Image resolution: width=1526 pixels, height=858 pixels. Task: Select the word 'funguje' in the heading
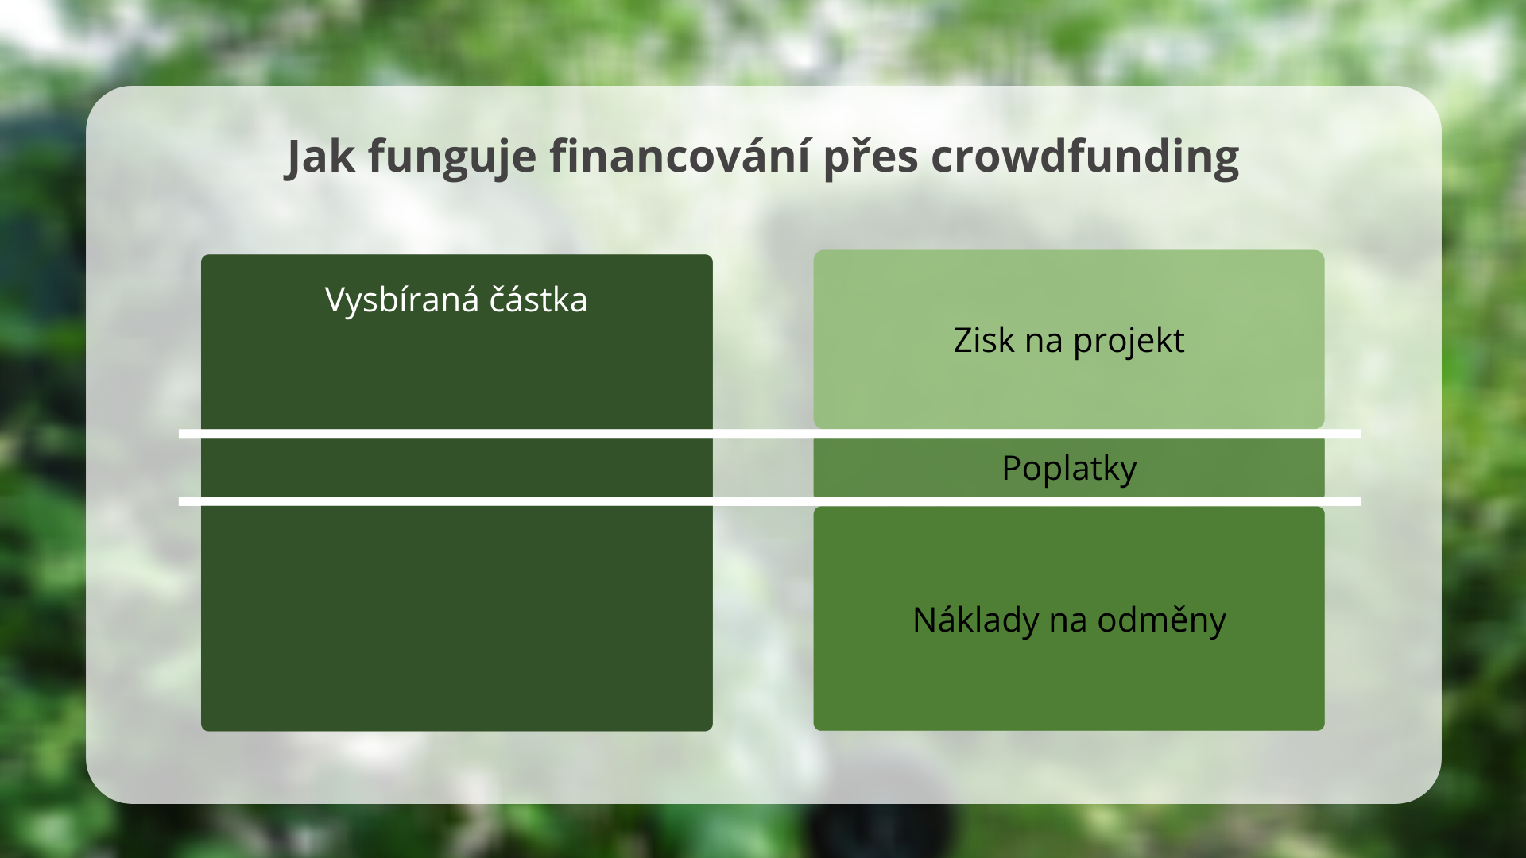[451, 157]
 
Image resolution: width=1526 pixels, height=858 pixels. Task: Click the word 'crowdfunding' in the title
[1085, 157]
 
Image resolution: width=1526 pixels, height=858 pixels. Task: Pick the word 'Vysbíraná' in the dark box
[402, 300]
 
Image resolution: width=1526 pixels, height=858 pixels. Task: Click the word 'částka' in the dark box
[538, 300]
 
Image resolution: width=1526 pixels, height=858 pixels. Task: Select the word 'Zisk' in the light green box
[984, 340]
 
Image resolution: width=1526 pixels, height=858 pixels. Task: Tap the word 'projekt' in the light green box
[1129, 342]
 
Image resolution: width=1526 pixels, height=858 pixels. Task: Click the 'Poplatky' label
[1069, 468]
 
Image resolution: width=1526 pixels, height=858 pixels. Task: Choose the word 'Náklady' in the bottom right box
[975, 620]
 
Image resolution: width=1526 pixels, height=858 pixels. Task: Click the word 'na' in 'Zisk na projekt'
[1044, 342]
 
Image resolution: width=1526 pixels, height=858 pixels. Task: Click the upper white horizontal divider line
[769, 434]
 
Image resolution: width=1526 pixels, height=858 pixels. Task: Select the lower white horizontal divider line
[769, 501]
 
